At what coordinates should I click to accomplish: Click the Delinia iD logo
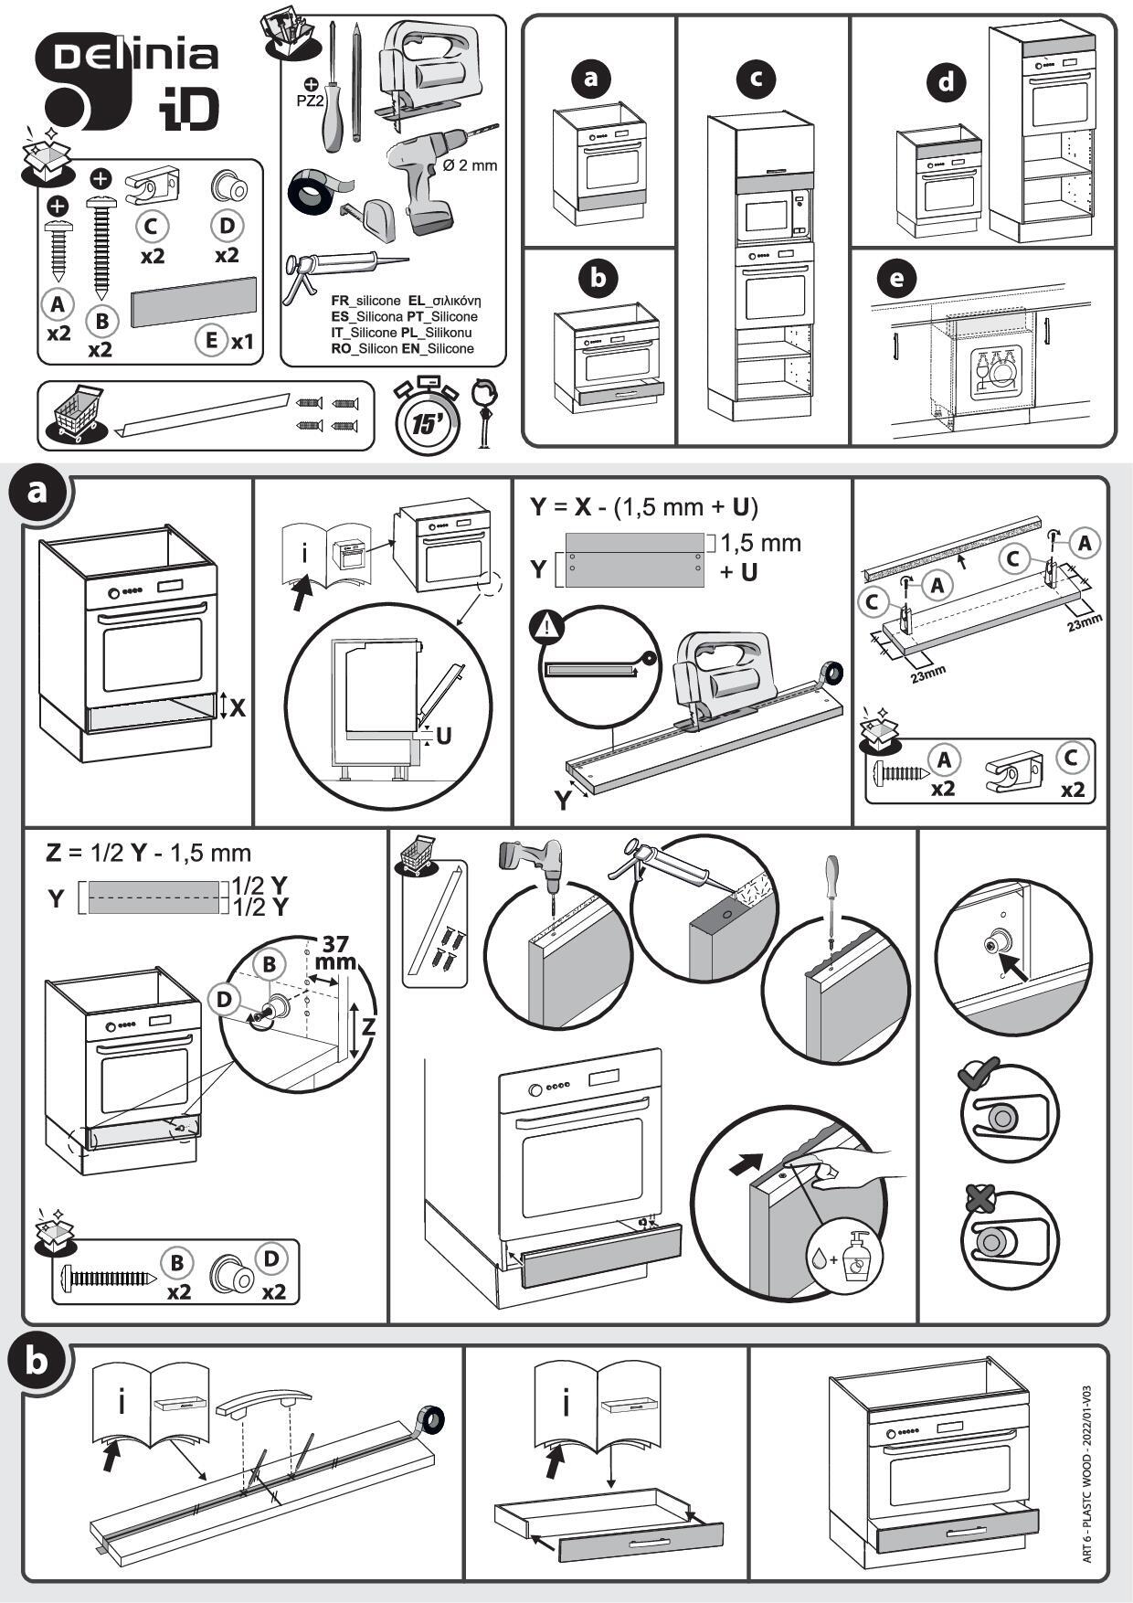(128, 82)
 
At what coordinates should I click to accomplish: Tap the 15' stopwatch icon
(426, 419)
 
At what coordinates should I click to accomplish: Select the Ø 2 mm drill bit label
(470, 165)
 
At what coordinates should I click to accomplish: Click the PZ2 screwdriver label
(311, 100)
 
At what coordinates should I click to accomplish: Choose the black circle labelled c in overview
(756, 80)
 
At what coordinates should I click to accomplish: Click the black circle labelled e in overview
(895, 279)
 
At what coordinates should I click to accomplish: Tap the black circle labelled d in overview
(947, 83)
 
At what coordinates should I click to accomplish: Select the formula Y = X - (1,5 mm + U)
(644, 506)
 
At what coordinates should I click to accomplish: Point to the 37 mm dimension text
(335, 953)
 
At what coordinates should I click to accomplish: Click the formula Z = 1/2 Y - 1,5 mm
(148, 853)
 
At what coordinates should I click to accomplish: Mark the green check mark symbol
(979, 1073)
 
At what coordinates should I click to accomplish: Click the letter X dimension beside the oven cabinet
(238, 707)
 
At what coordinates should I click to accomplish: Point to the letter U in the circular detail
(444, 736)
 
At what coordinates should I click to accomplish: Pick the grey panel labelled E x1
(194, 303)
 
